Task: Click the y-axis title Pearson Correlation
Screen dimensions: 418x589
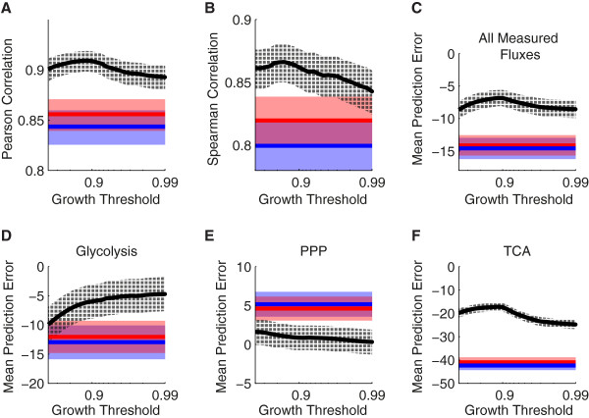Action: (x=12, y=102)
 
